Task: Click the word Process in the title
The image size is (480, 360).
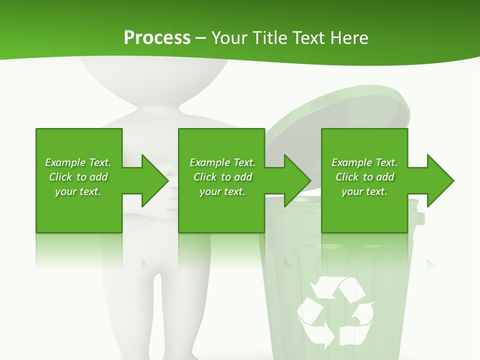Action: (157, 38)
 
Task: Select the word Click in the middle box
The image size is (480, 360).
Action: (205, 177)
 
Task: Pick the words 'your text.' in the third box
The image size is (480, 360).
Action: (364, 191)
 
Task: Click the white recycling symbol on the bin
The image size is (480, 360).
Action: (335, 310)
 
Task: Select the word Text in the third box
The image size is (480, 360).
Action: (386, 162)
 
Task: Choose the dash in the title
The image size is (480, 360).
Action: (200, 38)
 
